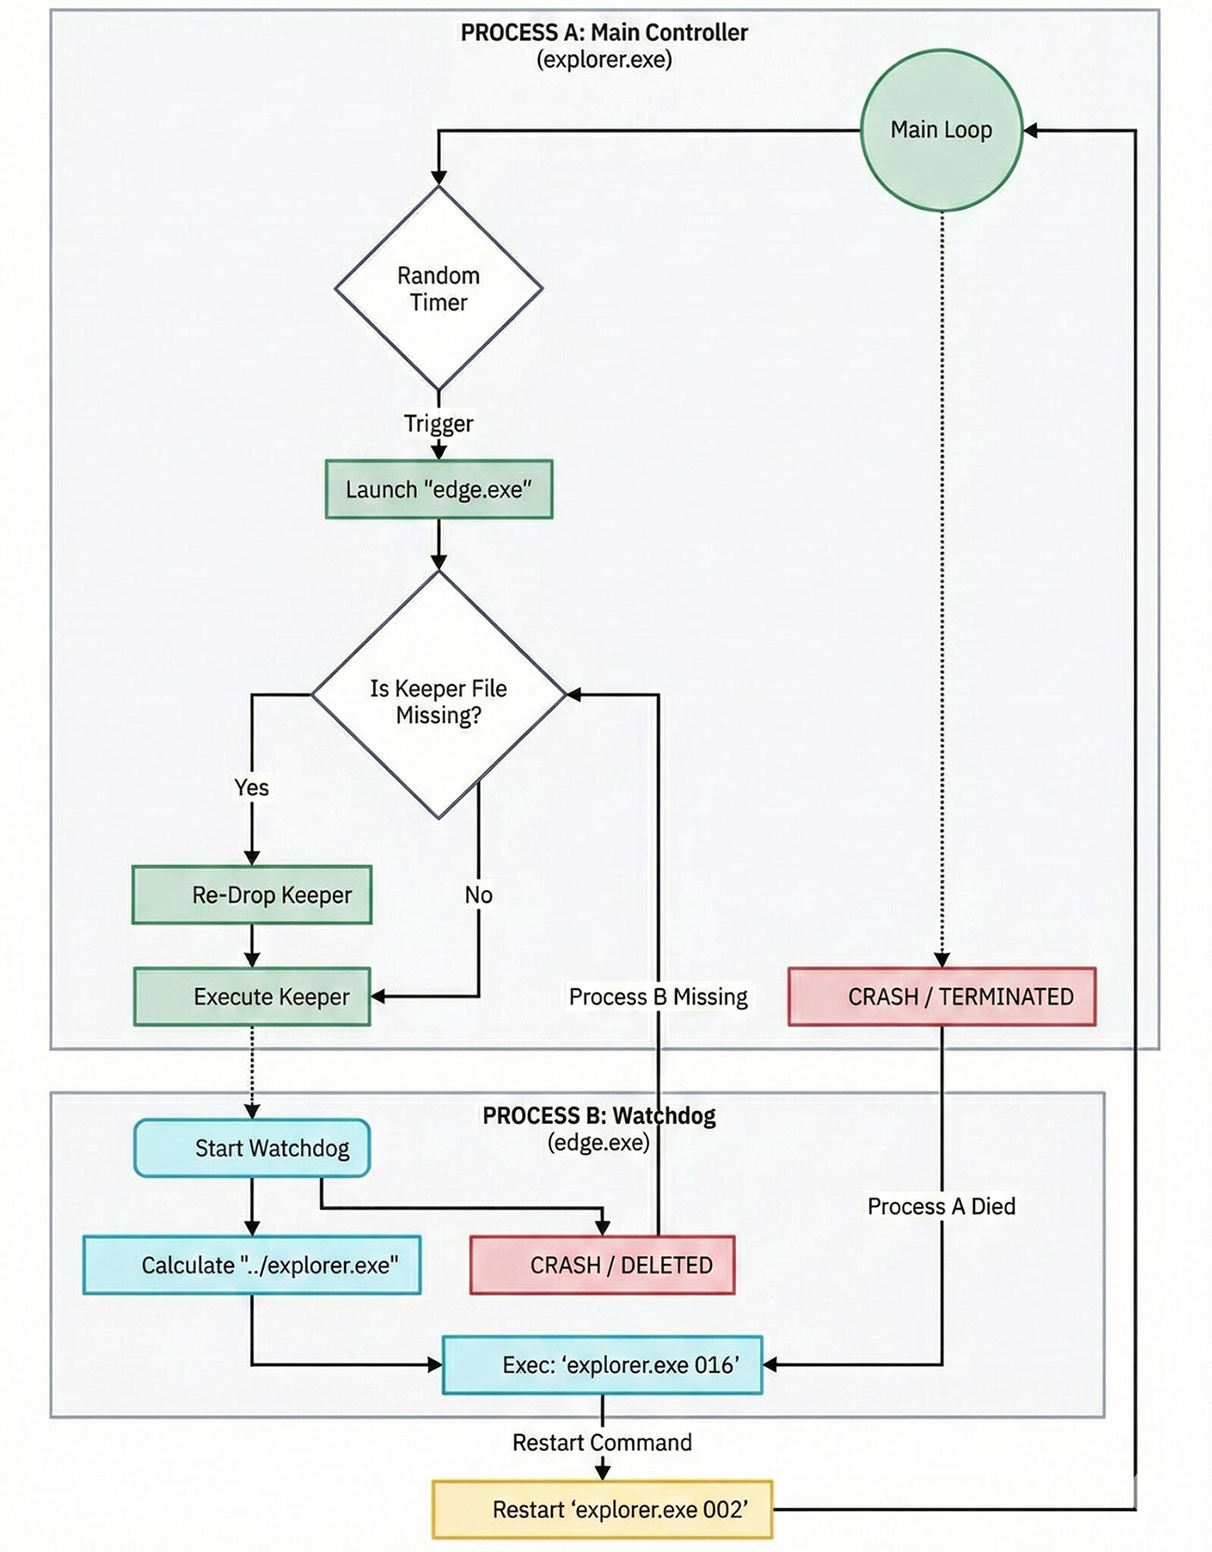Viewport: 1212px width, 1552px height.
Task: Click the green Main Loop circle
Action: [x=941, y=130]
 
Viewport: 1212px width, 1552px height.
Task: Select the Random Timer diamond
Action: [x=438, y=289]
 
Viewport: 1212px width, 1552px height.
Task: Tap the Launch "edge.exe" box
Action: [x=438, y=489]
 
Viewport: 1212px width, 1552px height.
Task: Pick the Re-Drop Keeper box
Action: [x=252, y=895]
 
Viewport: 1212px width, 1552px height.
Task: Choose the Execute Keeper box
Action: [x=252, y=996]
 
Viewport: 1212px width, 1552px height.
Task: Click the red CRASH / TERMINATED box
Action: [x=942, y=996]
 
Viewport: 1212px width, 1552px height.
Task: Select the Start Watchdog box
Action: [x=252, y=1147]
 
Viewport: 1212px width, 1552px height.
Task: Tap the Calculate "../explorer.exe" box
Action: [x=252, y=1265]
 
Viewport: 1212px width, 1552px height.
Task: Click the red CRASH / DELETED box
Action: [x=602, y=1265]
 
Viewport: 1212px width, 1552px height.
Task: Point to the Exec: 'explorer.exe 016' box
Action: [x=602, y=1365]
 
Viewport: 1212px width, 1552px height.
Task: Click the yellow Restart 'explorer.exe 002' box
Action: [x=602, y=1509]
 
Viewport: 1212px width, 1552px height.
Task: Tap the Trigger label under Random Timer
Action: [x=438, y=423]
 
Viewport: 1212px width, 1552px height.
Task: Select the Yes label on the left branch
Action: [x=252, y=788]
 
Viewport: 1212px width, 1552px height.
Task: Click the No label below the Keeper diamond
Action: [x=478, y=895]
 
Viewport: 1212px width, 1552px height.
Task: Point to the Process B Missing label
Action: [x=658, y=996]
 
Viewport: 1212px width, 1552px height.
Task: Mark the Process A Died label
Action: [x=942, y=1206]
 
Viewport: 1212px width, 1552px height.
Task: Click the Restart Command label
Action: [x=602, y=1442]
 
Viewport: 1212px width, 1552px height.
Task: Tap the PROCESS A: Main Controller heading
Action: [x=604, y=33]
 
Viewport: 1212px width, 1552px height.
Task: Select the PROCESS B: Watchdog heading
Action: [x=599, y=1116]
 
